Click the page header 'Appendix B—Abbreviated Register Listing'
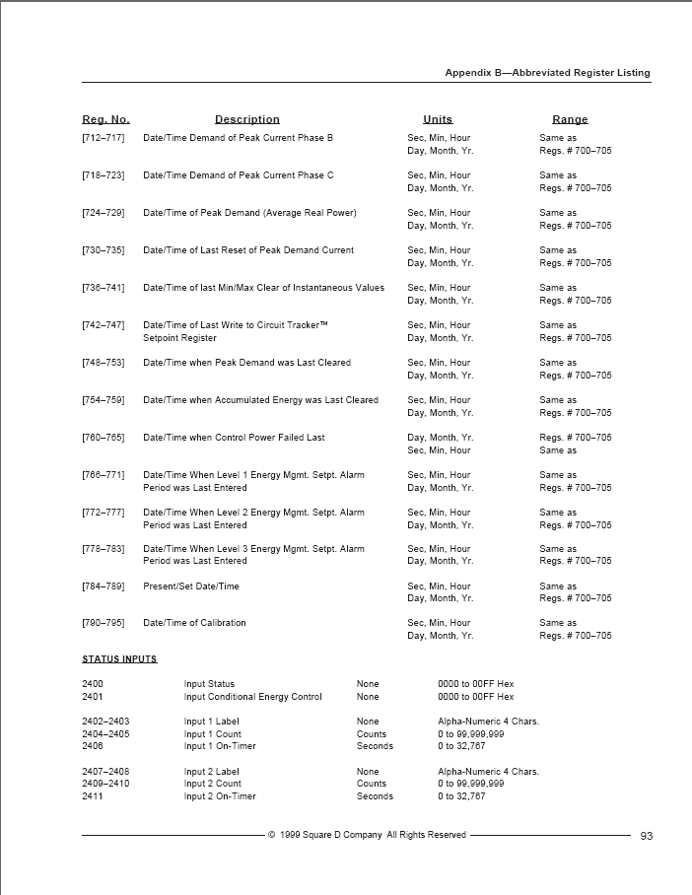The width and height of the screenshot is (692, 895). (x=547, y=73)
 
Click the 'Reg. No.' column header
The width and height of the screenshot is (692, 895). (x=105, y=119)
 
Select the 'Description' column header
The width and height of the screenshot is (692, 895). (x=247, y=119)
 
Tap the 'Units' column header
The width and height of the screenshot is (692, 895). (x=438, y=119)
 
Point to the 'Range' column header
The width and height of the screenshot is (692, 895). (x=570, y=119)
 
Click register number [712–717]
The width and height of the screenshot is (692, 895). (x=104, y=138)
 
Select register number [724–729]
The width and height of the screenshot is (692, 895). (x=104, y=213)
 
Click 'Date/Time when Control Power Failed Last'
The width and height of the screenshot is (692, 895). (x=234, y=438)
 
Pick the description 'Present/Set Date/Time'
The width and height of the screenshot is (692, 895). (x=191, y=586)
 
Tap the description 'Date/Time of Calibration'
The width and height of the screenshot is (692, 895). (x=194, y=623)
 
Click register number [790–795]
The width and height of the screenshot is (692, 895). (x=104, y=623)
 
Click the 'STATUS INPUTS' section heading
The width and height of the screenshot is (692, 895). (x=119, y=658)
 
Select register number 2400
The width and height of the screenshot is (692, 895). (x=93, y=684)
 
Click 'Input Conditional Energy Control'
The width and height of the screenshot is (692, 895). (x=252, y=697)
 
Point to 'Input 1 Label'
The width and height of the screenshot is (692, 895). (x=211, y=722)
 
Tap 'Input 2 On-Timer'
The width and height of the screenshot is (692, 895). (x=220, y=796)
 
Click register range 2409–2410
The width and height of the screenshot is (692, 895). (x=105, y=785)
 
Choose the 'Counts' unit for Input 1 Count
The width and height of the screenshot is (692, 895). (x=372, y=734)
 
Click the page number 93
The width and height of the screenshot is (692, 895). (x=647, y=836)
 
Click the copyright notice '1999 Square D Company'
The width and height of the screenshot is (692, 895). (x=367, y=835)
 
